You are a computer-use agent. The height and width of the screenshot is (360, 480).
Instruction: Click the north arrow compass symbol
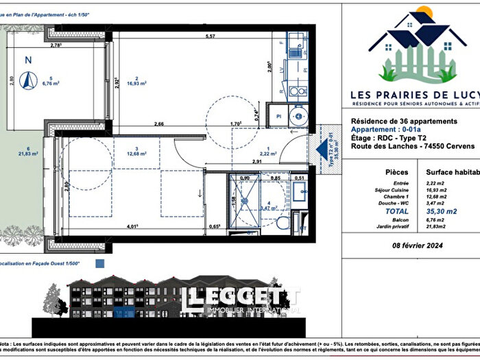click(x=28, y=80)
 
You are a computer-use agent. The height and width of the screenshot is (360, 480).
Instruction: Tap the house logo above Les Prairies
click(x=408, y=45)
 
